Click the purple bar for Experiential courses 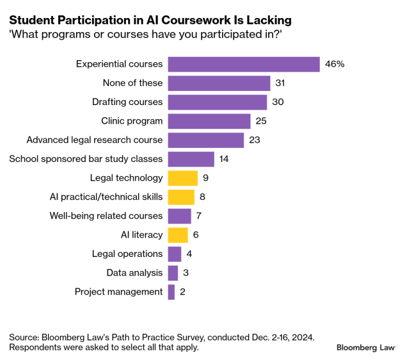click(243, 64)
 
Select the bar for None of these click(219, 83)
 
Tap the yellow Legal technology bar click(182, 178)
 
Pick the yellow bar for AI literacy click(177, 235)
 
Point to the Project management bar click(171, 292)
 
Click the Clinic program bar click(209, 121)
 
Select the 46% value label click(335, 64)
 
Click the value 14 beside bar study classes click(225, 159)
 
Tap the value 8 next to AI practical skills click(202, 197)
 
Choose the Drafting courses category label click(128, 102)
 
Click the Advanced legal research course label click(95, 140)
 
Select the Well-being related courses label click(106, 216)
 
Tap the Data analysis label click(135, 273)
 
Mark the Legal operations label click(127, 254)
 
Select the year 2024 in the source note click(300, 336)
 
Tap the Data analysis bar click(173, 273)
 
